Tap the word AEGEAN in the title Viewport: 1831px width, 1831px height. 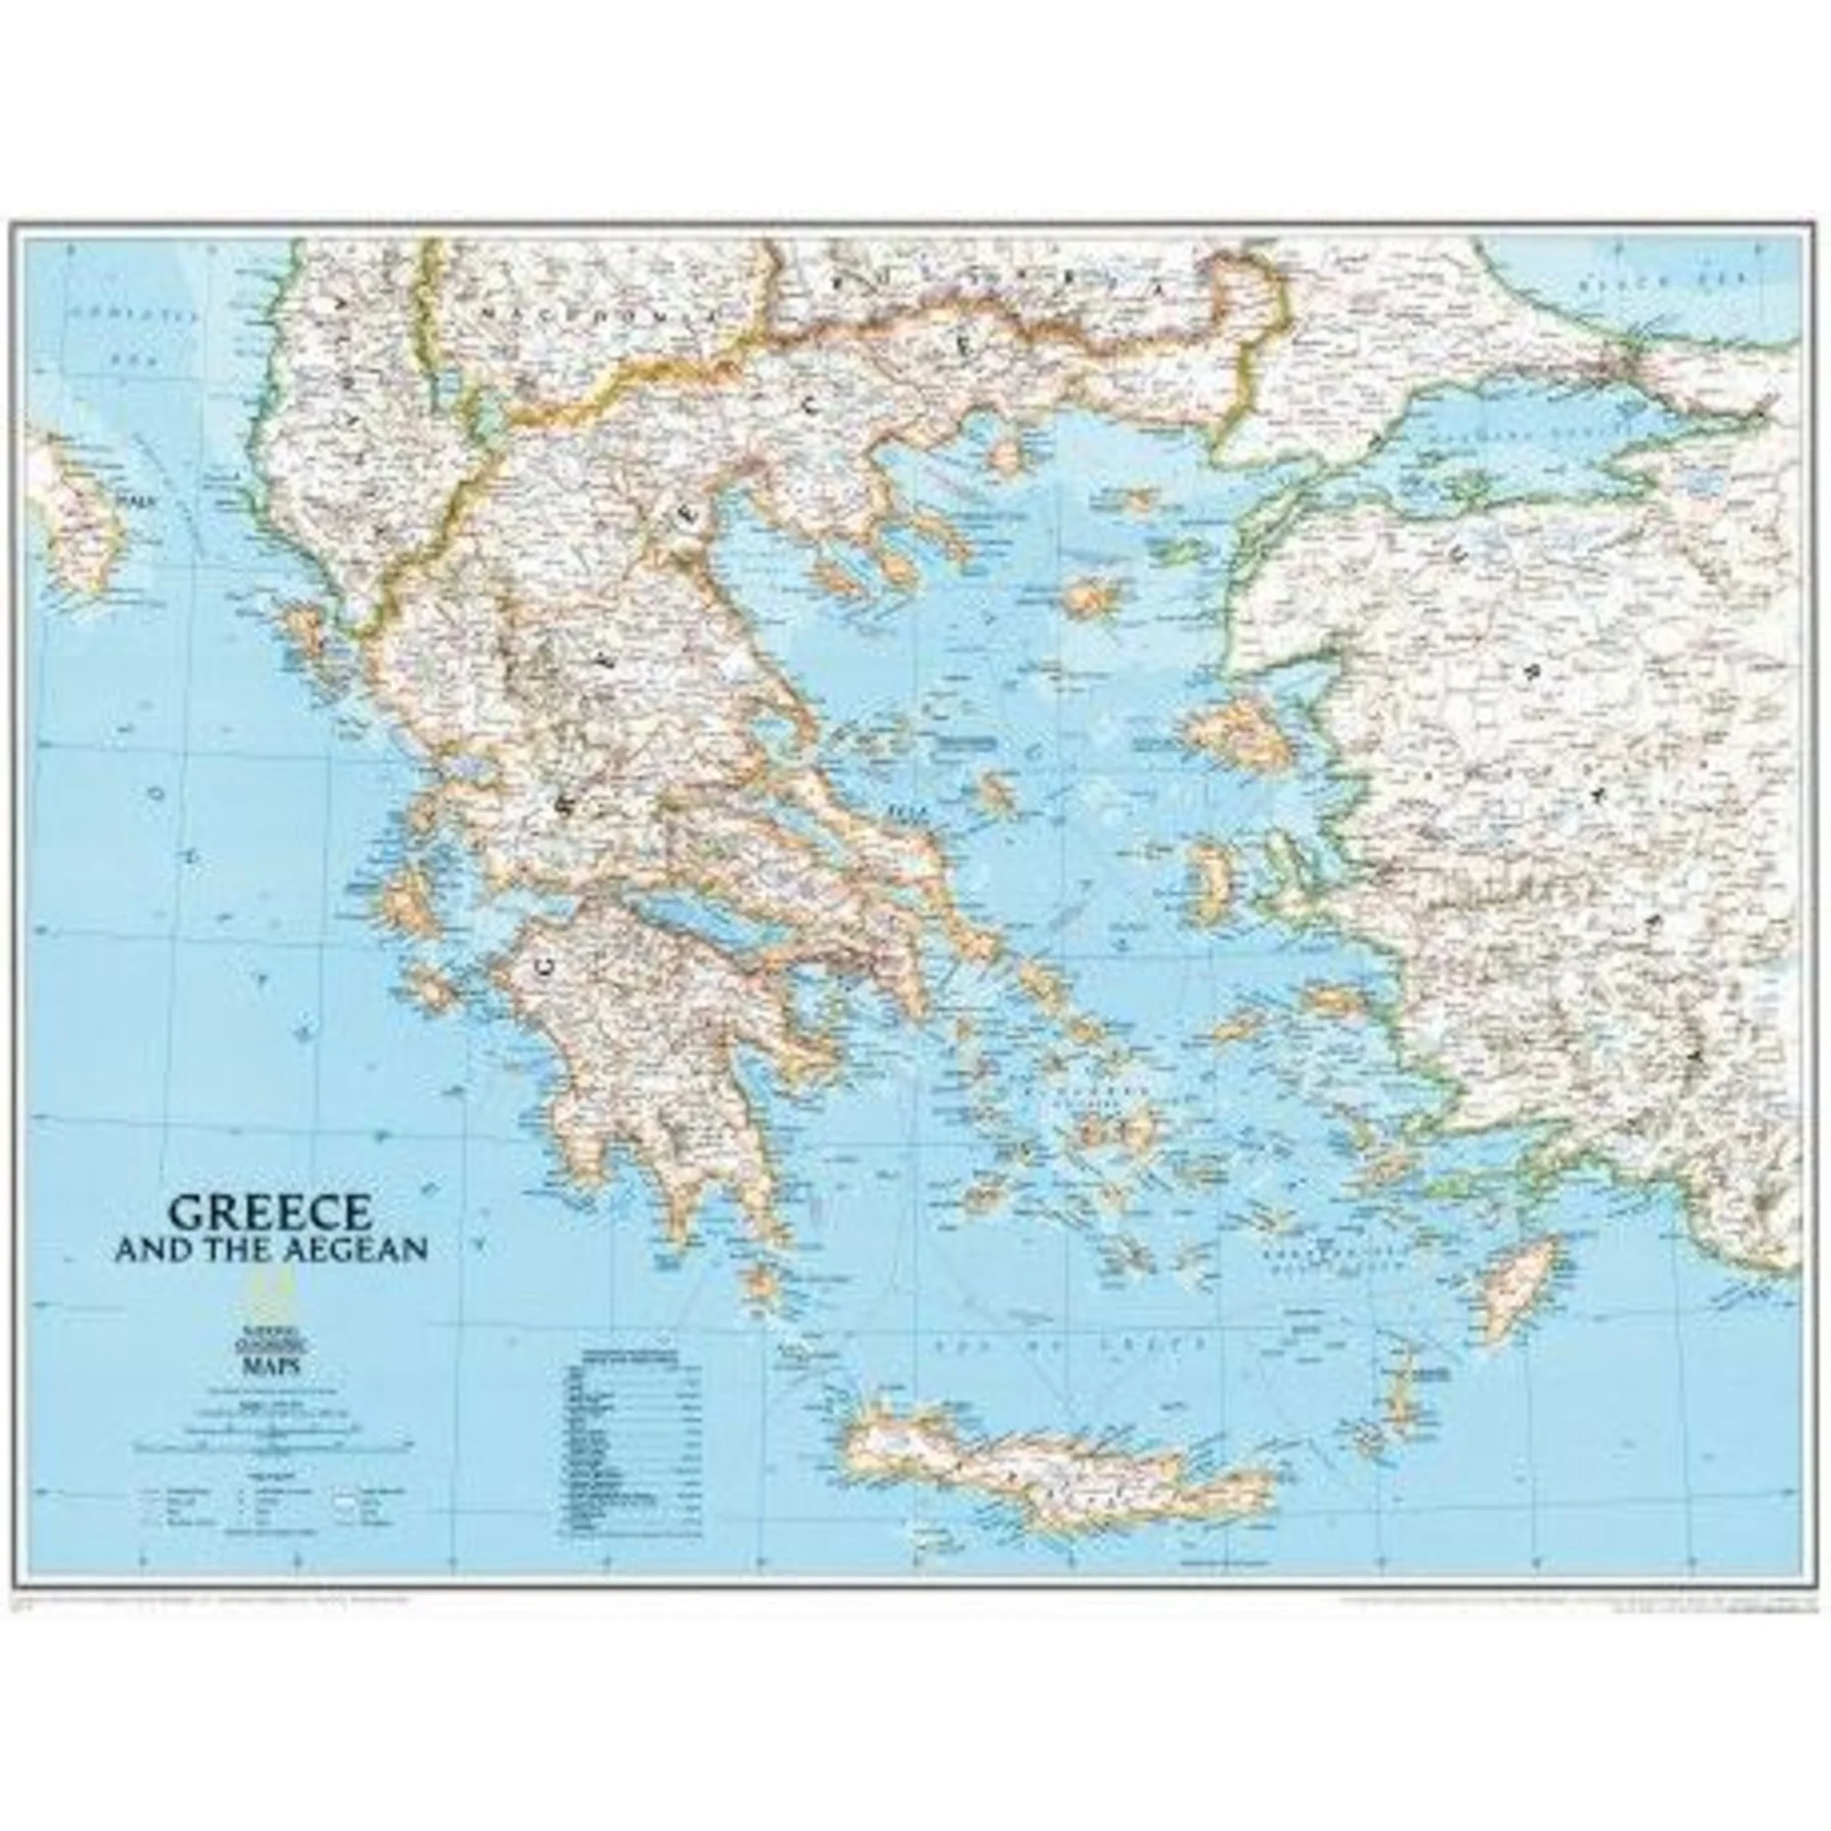tap(352, 1250)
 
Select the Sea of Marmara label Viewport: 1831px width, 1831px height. tap(1507, 434)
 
